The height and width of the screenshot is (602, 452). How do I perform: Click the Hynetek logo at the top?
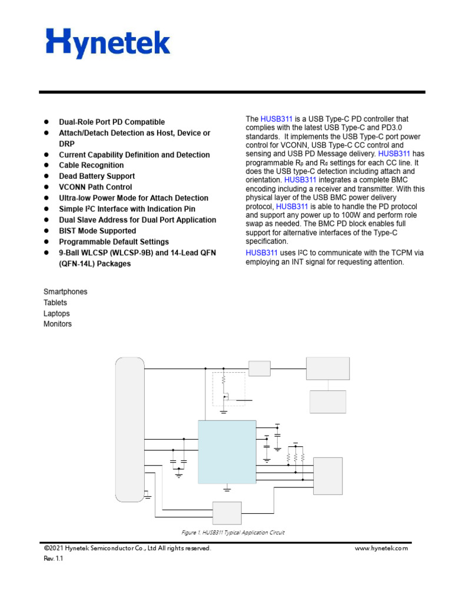[108, 44]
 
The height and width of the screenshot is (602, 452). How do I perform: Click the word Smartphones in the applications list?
[65, 292]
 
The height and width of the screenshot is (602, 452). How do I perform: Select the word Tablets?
[55, 303]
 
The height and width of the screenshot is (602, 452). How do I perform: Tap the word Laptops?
[56, 313]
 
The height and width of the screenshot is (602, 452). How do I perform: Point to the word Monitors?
[58, 324]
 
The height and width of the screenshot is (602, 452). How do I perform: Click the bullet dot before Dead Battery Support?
[46, 176]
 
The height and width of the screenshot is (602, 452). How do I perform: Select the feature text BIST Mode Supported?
[97, 231]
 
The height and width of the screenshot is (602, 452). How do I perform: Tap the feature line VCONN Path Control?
[95, 187]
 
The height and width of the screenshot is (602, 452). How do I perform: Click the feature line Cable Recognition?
[91, 165]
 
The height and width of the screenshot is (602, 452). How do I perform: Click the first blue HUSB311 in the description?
[276, 119]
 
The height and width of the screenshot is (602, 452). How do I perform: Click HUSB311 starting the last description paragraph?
[261, 252]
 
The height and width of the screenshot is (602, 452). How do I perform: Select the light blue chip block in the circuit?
[227, 451]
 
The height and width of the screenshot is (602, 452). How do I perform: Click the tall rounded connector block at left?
[130, 429]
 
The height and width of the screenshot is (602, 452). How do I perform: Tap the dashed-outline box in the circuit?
[228, 389]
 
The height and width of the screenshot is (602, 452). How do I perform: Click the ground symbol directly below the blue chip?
[228, 487]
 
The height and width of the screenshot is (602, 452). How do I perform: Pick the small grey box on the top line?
[259, 369]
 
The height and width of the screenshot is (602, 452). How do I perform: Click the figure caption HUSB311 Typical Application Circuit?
[232, 533]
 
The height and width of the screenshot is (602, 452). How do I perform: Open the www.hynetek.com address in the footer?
[381, 549]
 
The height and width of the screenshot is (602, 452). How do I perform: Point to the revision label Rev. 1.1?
[53, 559]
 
